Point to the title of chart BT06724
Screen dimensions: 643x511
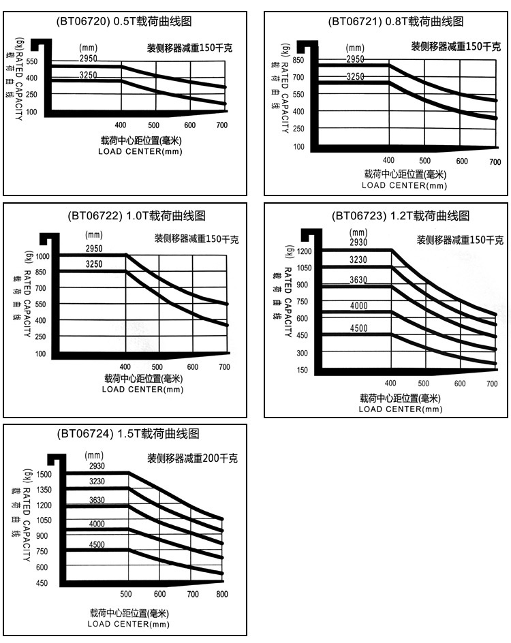coord(129,433)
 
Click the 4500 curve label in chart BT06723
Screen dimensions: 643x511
coord(359,328)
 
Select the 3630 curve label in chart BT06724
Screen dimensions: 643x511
coord(97,500)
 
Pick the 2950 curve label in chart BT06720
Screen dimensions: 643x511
coord(89,60)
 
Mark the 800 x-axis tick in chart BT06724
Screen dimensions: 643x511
coord(221,595)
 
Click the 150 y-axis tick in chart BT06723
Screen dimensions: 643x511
coord(302,371)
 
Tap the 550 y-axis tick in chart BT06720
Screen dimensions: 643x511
coord(32,63)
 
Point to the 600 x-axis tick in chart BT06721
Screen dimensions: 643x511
coord(461,161)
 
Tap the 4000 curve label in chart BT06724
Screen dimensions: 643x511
coord(97,523)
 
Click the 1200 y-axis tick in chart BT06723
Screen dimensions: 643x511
coord(304,252)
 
